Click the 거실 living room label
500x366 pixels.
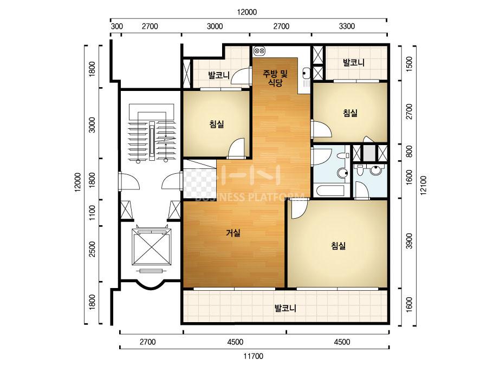pyautogui.click(x=233, y=233)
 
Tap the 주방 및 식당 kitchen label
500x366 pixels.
pyautogui.click(x=275, y=79)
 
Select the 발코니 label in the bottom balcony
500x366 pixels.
pyautogui.click(x=285, y=308)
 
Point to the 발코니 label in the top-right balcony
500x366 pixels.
pyautogui.click(x=354, y=62)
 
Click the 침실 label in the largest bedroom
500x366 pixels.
pyautogui.click(x=339, y=246)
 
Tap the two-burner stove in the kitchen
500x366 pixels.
pyautogui.click(x=259, y=50)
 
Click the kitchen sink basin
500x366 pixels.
pyautogui.click(x=306, y=74)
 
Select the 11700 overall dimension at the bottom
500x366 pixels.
pyautogui.click(x=254, y=356)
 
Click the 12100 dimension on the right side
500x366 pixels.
pyautogui.click(x=423, y=186)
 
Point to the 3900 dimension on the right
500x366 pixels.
pyautogui.click(x=410, y=241)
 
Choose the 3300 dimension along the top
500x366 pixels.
pyautogui.click(x=347, y=26)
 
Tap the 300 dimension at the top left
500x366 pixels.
pyautogui.click(x=116, y=26)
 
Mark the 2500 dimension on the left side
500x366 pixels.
pyautogui.click(x=92, y=249)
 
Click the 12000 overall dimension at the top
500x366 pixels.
pyautogui.click(x=247, y=12)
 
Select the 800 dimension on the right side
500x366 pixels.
pyautogui.click(x=410, y=152)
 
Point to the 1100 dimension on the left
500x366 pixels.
pyautogui.click(x=92, y=213)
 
